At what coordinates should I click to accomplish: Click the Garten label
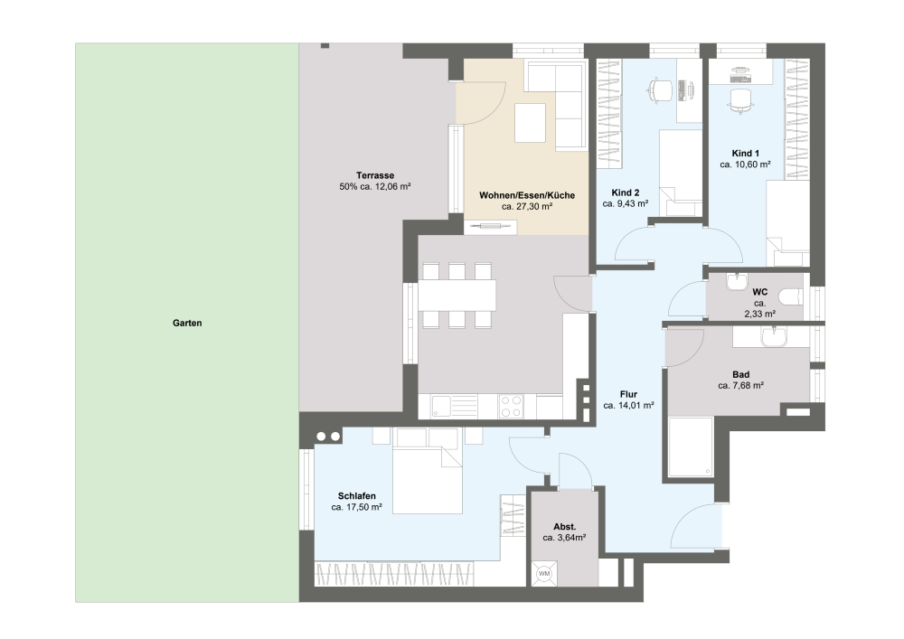click(x=187, y=324)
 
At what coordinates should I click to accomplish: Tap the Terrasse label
click(x=375, y=175)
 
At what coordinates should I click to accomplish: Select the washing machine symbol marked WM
click(x=544, y=574)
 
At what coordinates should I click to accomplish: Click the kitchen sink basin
click(x=442, y=405)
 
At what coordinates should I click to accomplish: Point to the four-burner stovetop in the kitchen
click(x=511, y=406)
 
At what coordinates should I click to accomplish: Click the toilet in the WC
click(x=790, y=297)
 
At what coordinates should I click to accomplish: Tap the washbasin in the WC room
click(x=736, y=282)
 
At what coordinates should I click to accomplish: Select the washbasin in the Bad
click(x=773, y=337)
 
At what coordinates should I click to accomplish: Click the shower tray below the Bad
click(x=690, y=447)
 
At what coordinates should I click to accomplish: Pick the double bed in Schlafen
click(x=428, y=480)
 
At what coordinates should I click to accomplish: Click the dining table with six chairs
click(x=457, y=295)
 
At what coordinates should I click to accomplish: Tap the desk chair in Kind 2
click(x=661, y=90)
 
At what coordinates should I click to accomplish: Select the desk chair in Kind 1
click(x=741, y=101)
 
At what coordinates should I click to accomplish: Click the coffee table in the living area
click(x=531, y=123)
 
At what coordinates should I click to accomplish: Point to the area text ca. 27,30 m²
click(x=527, y=206)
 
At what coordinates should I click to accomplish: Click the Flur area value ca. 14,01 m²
click(x=628, y=406)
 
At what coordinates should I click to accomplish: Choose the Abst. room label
click(x=565, y=527)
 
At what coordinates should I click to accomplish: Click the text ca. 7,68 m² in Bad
click(x=741, y=385)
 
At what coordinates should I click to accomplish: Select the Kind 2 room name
click(x=626, y=193)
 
